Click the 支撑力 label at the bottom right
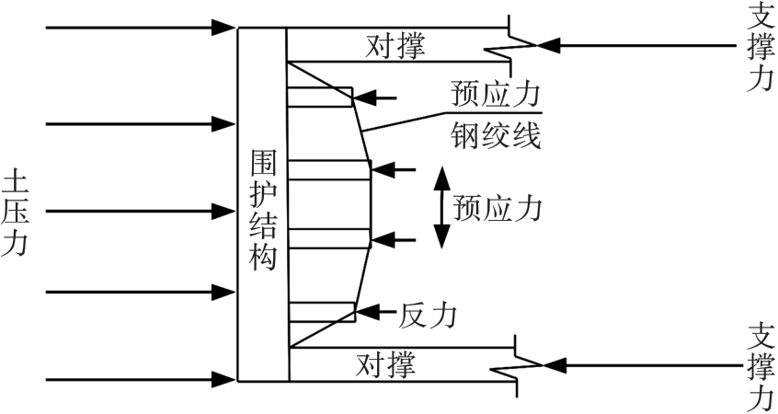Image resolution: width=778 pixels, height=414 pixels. [x=759, y=366]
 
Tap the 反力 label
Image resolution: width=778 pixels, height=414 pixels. [x=428, y=315]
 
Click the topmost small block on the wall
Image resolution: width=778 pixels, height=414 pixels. [x=320, y=95]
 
